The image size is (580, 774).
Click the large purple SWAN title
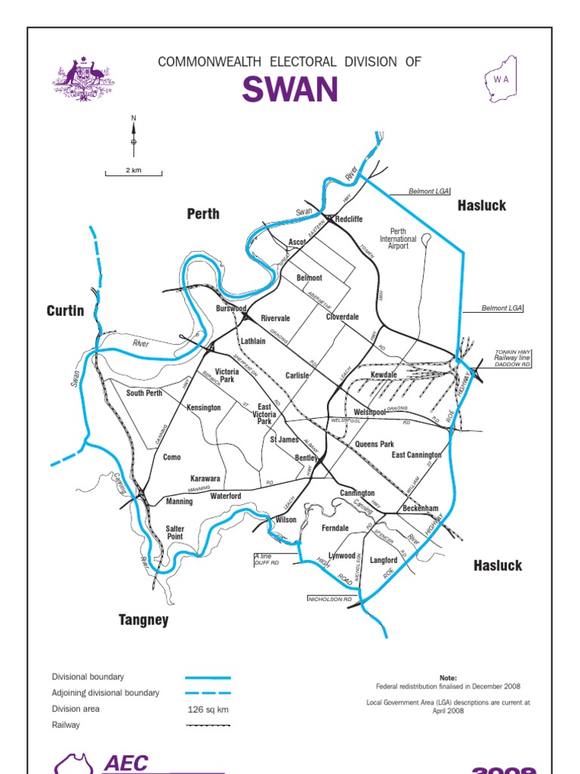[x=290, y=90]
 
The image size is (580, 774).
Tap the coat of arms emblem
[x=84, y=79]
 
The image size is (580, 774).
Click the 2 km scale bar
[x=134, y=172]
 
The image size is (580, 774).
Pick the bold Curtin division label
[x=65, y=311]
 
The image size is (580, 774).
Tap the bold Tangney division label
[x=143, y=621]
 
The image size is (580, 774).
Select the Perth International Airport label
[x=398, y=239]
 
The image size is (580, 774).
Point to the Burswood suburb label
[x=231, y=308]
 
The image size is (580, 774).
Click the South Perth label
[x=144, y=393]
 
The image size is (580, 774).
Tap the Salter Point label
[x=174, y=532]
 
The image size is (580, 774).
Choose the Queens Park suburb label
[x=375, y=444]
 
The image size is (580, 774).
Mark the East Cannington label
[x=416, y=455]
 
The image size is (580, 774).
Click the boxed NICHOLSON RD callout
[x=330, y=599]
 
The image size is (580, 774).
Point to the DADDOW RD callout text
[x=513, y=364]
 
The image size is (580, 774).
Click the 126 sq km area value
[x=208, y=710]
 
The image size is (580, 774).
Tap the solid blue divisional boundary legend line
[x=208, y=678]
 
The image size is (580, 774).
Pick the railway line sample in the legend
[x=208, y=726]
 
